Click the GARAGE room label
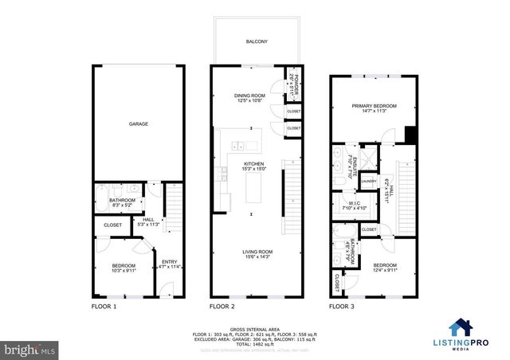point(139,124)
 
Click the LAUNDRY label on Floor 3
point(368,181)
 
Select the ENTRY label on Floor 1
point(169,264)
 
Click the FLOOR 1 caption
point(104,306)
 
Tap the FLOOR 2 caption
point(222,306)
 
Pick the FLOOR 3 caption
point(343,306)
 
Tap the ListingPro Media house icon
point(461,327)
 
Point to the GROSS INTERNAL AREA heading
point(255,329)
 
